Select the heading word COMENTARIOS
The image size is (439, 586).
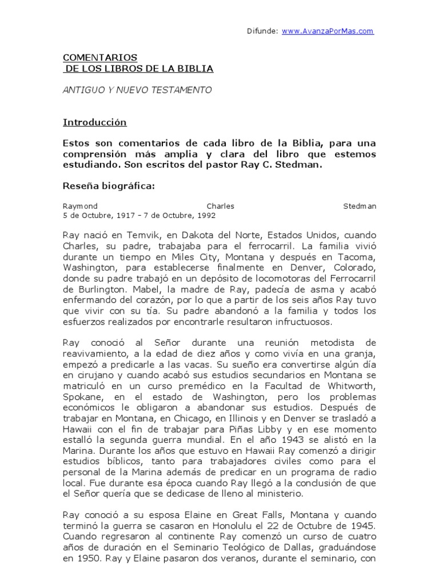point(99,58)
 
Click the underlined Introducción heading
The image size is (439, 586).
point(94,122)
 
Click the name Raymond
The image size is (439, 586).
point(80,206)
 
